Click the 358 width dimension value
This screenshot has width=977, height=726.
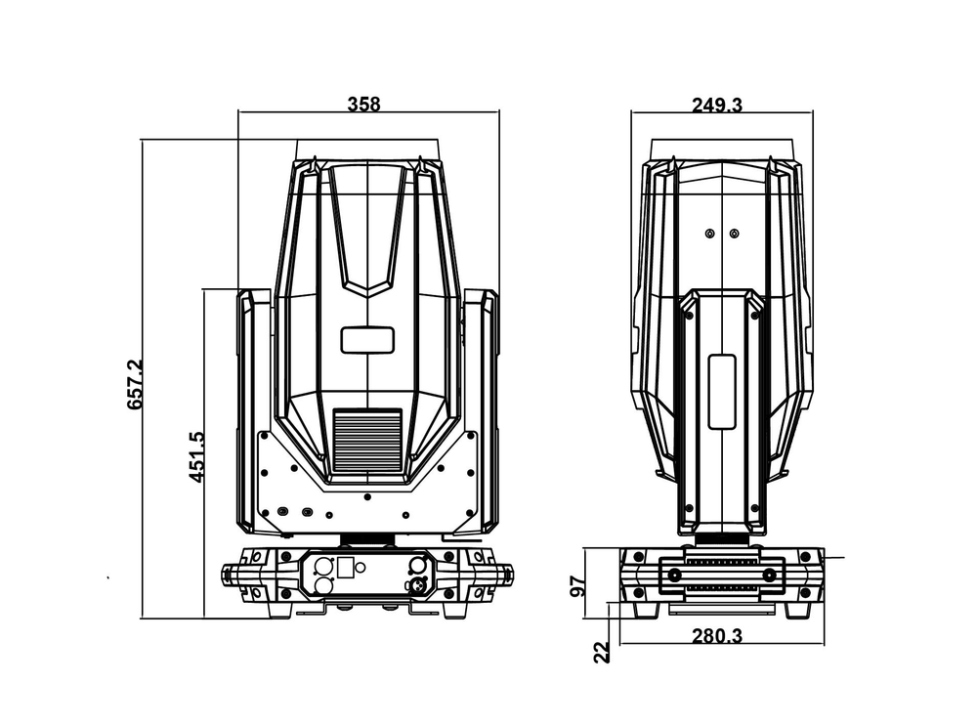point(363,104)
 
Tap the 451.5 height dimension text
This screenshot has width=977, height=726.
point(196,457)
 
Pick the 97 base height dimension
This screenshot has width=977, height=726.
point(578,585)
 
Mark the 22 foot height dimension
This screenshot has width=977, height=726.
point(602,652)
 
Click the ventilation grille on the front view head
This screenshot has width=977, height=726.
point(367,439)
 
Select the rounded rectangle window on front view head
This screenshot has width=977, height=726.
point(367,340)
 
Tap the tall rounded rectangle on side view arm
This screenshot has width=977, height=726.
point(721,392)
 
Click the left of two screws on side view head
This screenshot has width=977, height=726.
point(710,234)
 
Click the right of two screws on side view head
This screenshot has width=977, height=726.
point(734,234)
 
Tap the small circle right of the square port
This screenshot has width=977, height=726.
point(361,566)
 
